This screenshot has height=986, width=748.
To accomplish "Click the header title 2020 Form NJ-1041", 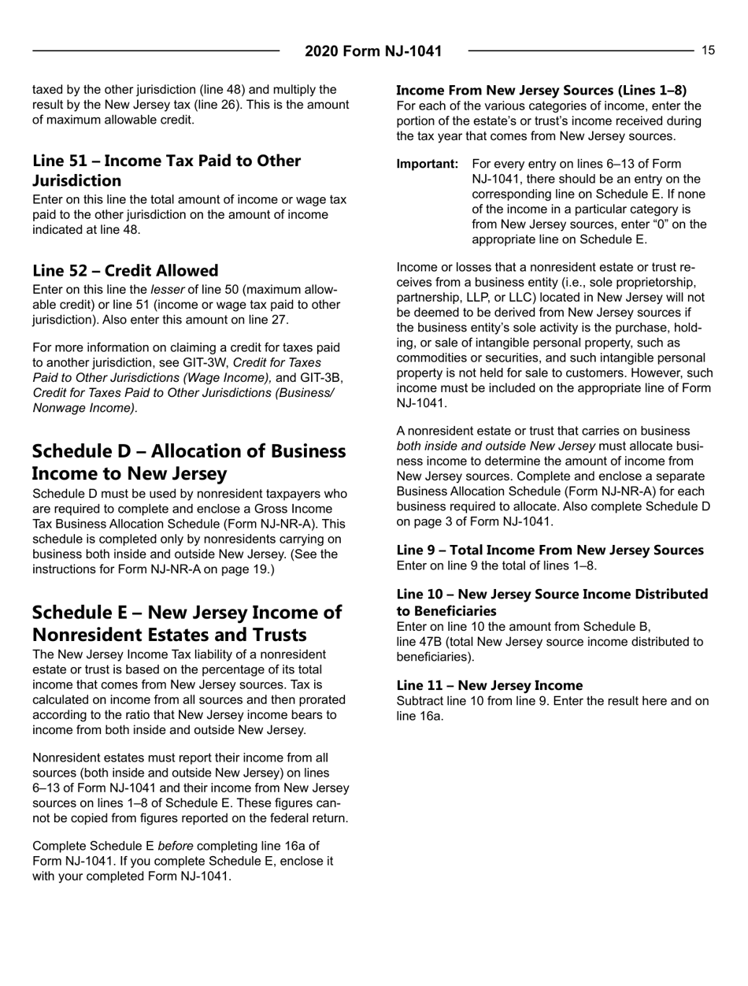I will (x=373, y=52).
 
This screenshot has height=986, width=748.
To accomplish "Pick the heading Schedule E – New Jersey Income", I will (x=186, y=600).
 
